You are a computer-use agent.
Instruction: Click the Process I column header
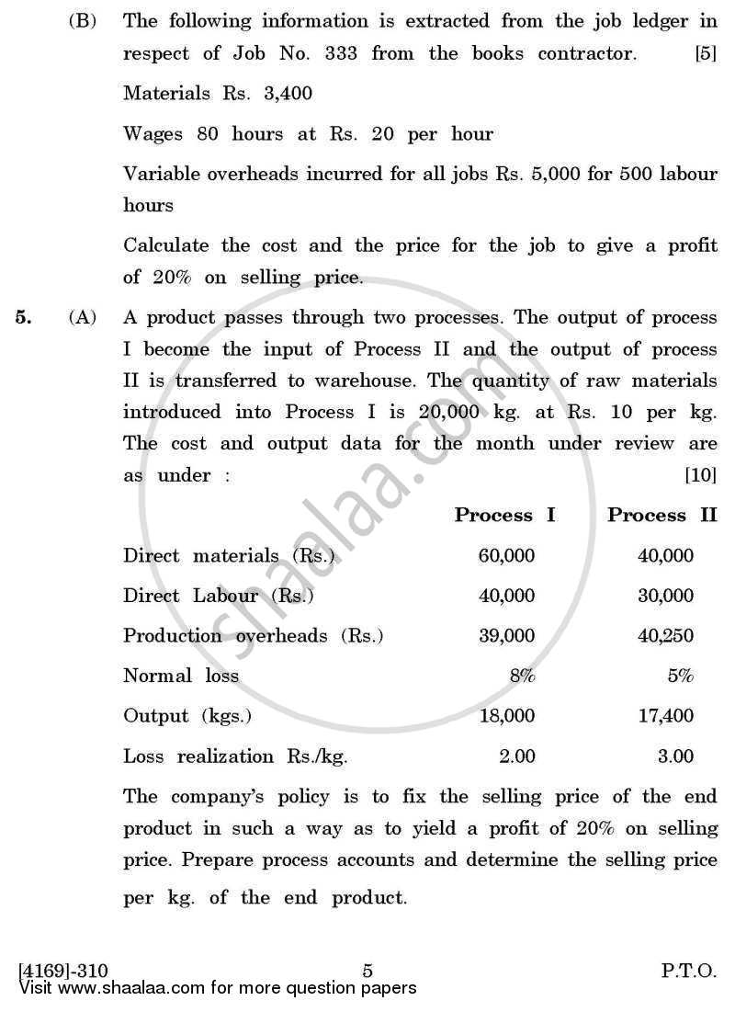tap(504, 515)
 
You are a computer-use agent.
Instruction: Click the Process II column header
tap(661, 515)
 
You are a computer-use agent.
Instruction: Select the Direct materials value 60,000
tap(506, 555)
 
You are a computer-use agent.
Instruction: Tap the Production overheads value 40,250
tap(665, 636)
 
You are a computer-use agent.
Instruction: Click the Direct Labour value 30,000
tap(665, 596)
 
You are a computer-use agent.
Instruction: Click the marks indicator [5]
tap(706, 53)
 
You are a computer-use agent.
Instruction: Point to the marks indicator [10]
tap(701, 475)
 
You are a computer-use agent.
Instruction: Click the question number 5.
tap(24, 317)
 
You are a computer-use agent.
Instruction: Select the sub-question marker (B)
tap(83, 20)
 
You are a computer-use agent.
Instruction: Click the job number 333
tap(340, 53)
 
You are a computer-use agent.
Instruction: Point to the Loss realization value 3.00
tap(675, 757)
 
